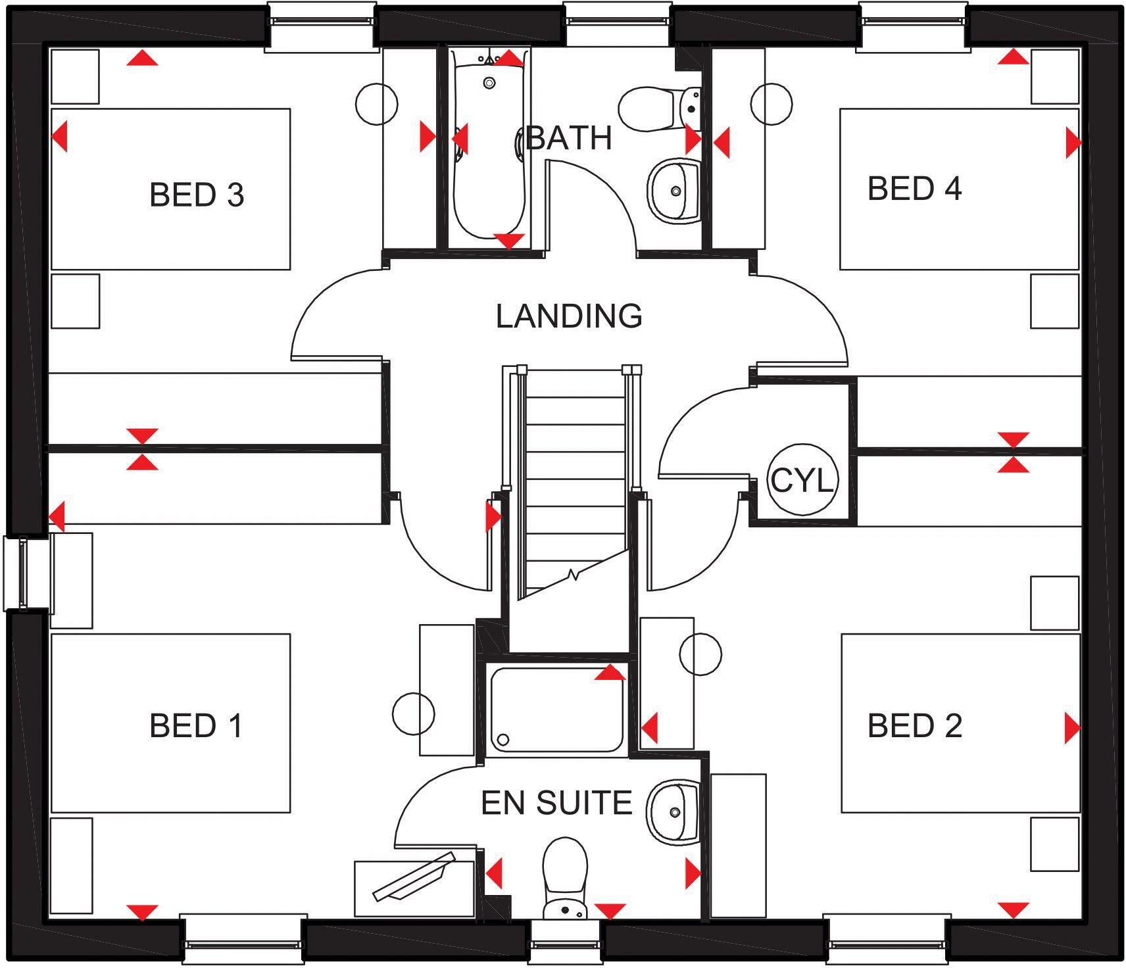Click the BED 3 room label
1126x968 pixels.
coord(197,195)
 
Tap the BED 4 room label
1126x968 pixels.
coord(914,189)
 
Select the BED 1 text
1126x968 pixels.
coord(196,725)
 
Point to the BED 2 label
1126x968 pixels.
coord(914,725)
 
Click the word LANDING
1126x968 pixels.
coord(569,316)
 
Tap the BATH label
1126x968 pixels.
coord(570,139)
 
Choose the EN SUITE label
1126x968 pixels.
coord(556,803)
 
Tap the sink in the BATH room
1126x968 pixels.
coord(673,190)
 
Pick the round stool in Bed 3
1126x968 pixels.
coord(377,103)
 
